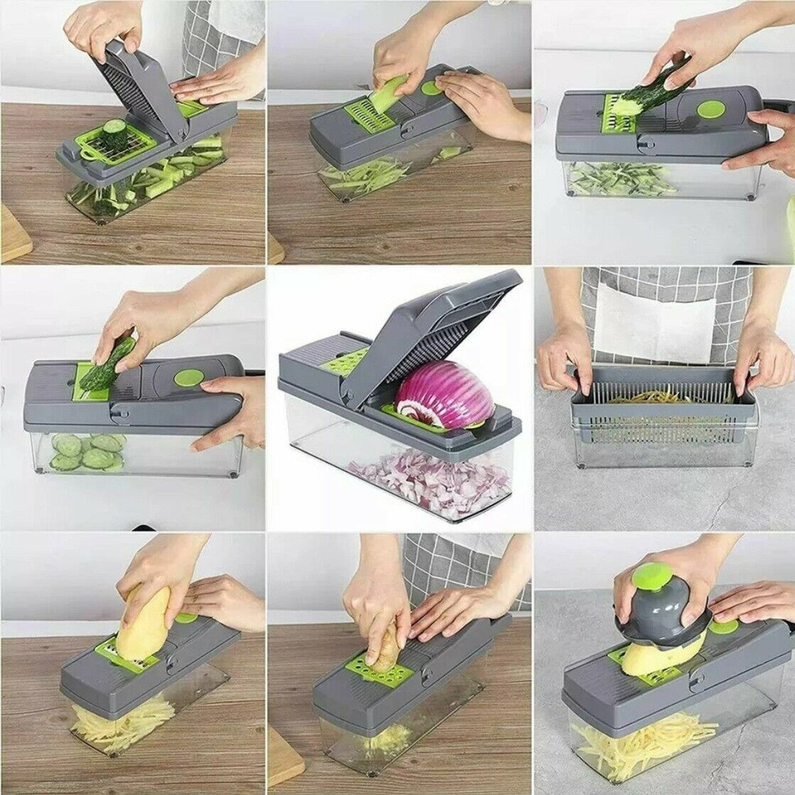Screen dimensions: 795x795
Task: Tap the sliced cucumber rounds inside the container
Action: tap(86, 451)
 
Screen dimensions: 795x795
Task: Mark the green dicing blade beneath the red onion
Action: tap(416, 421)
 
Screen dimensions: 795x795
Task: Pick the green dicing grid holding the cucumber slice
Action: tap(116, 147)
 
